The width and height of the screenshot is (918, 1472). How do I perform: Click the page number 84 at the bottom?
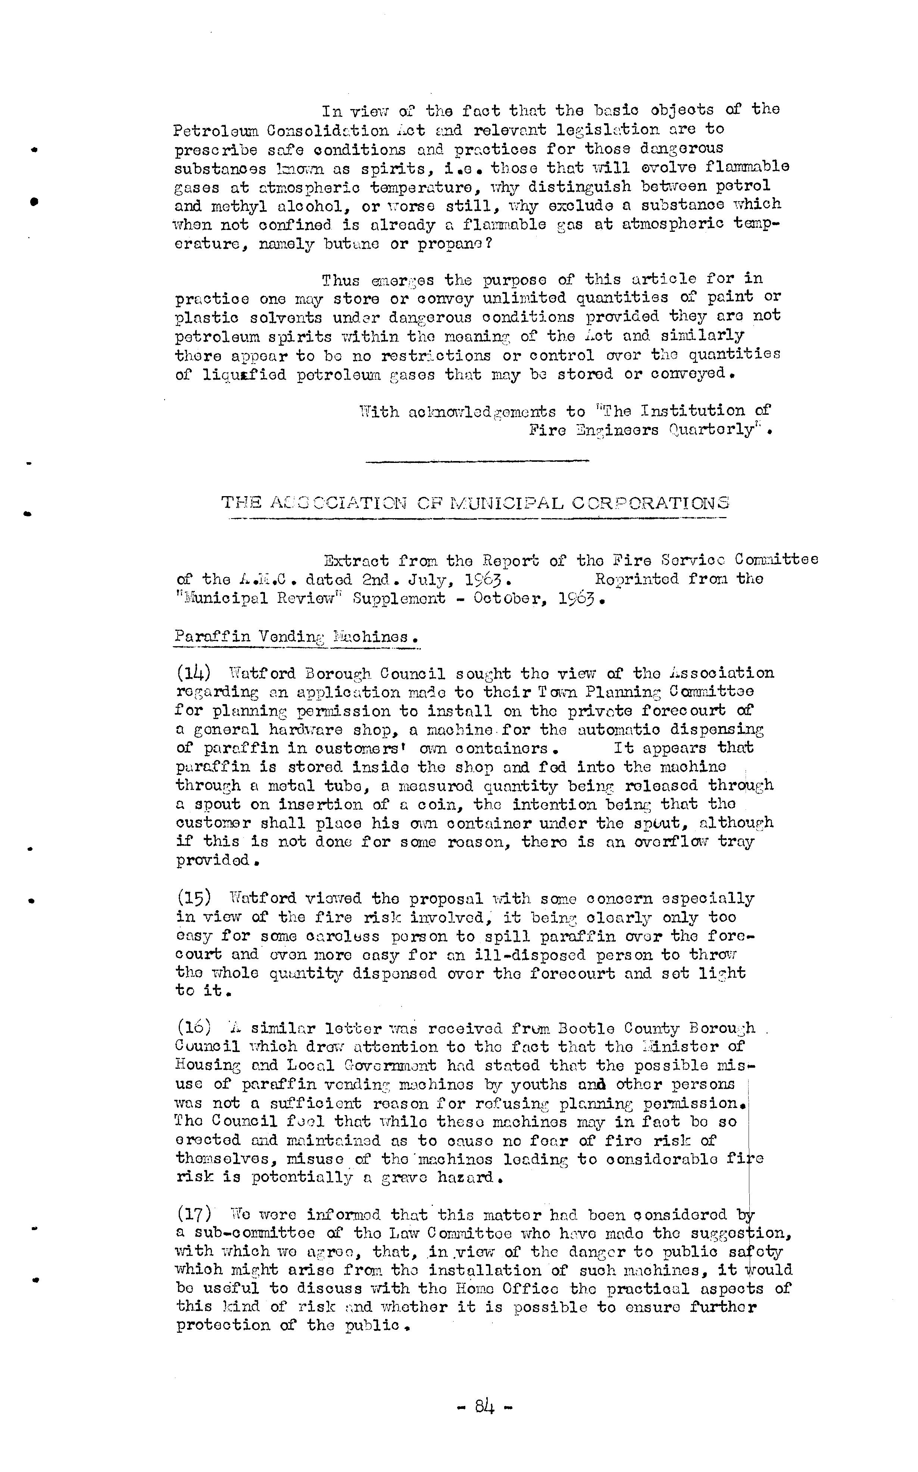484,1406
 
